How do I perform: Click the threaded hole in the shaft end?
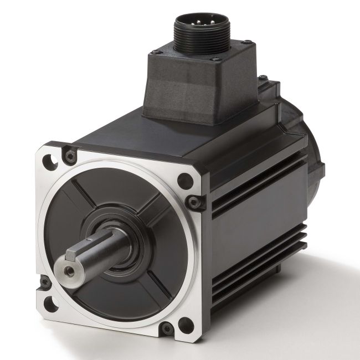tap(68, 270)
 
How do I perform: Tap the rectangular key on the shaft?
tap(79, 251)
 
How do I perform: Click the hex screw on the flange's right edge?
tap(193, 203)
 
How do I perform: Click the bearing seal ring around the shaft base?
tap(127, 238)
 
